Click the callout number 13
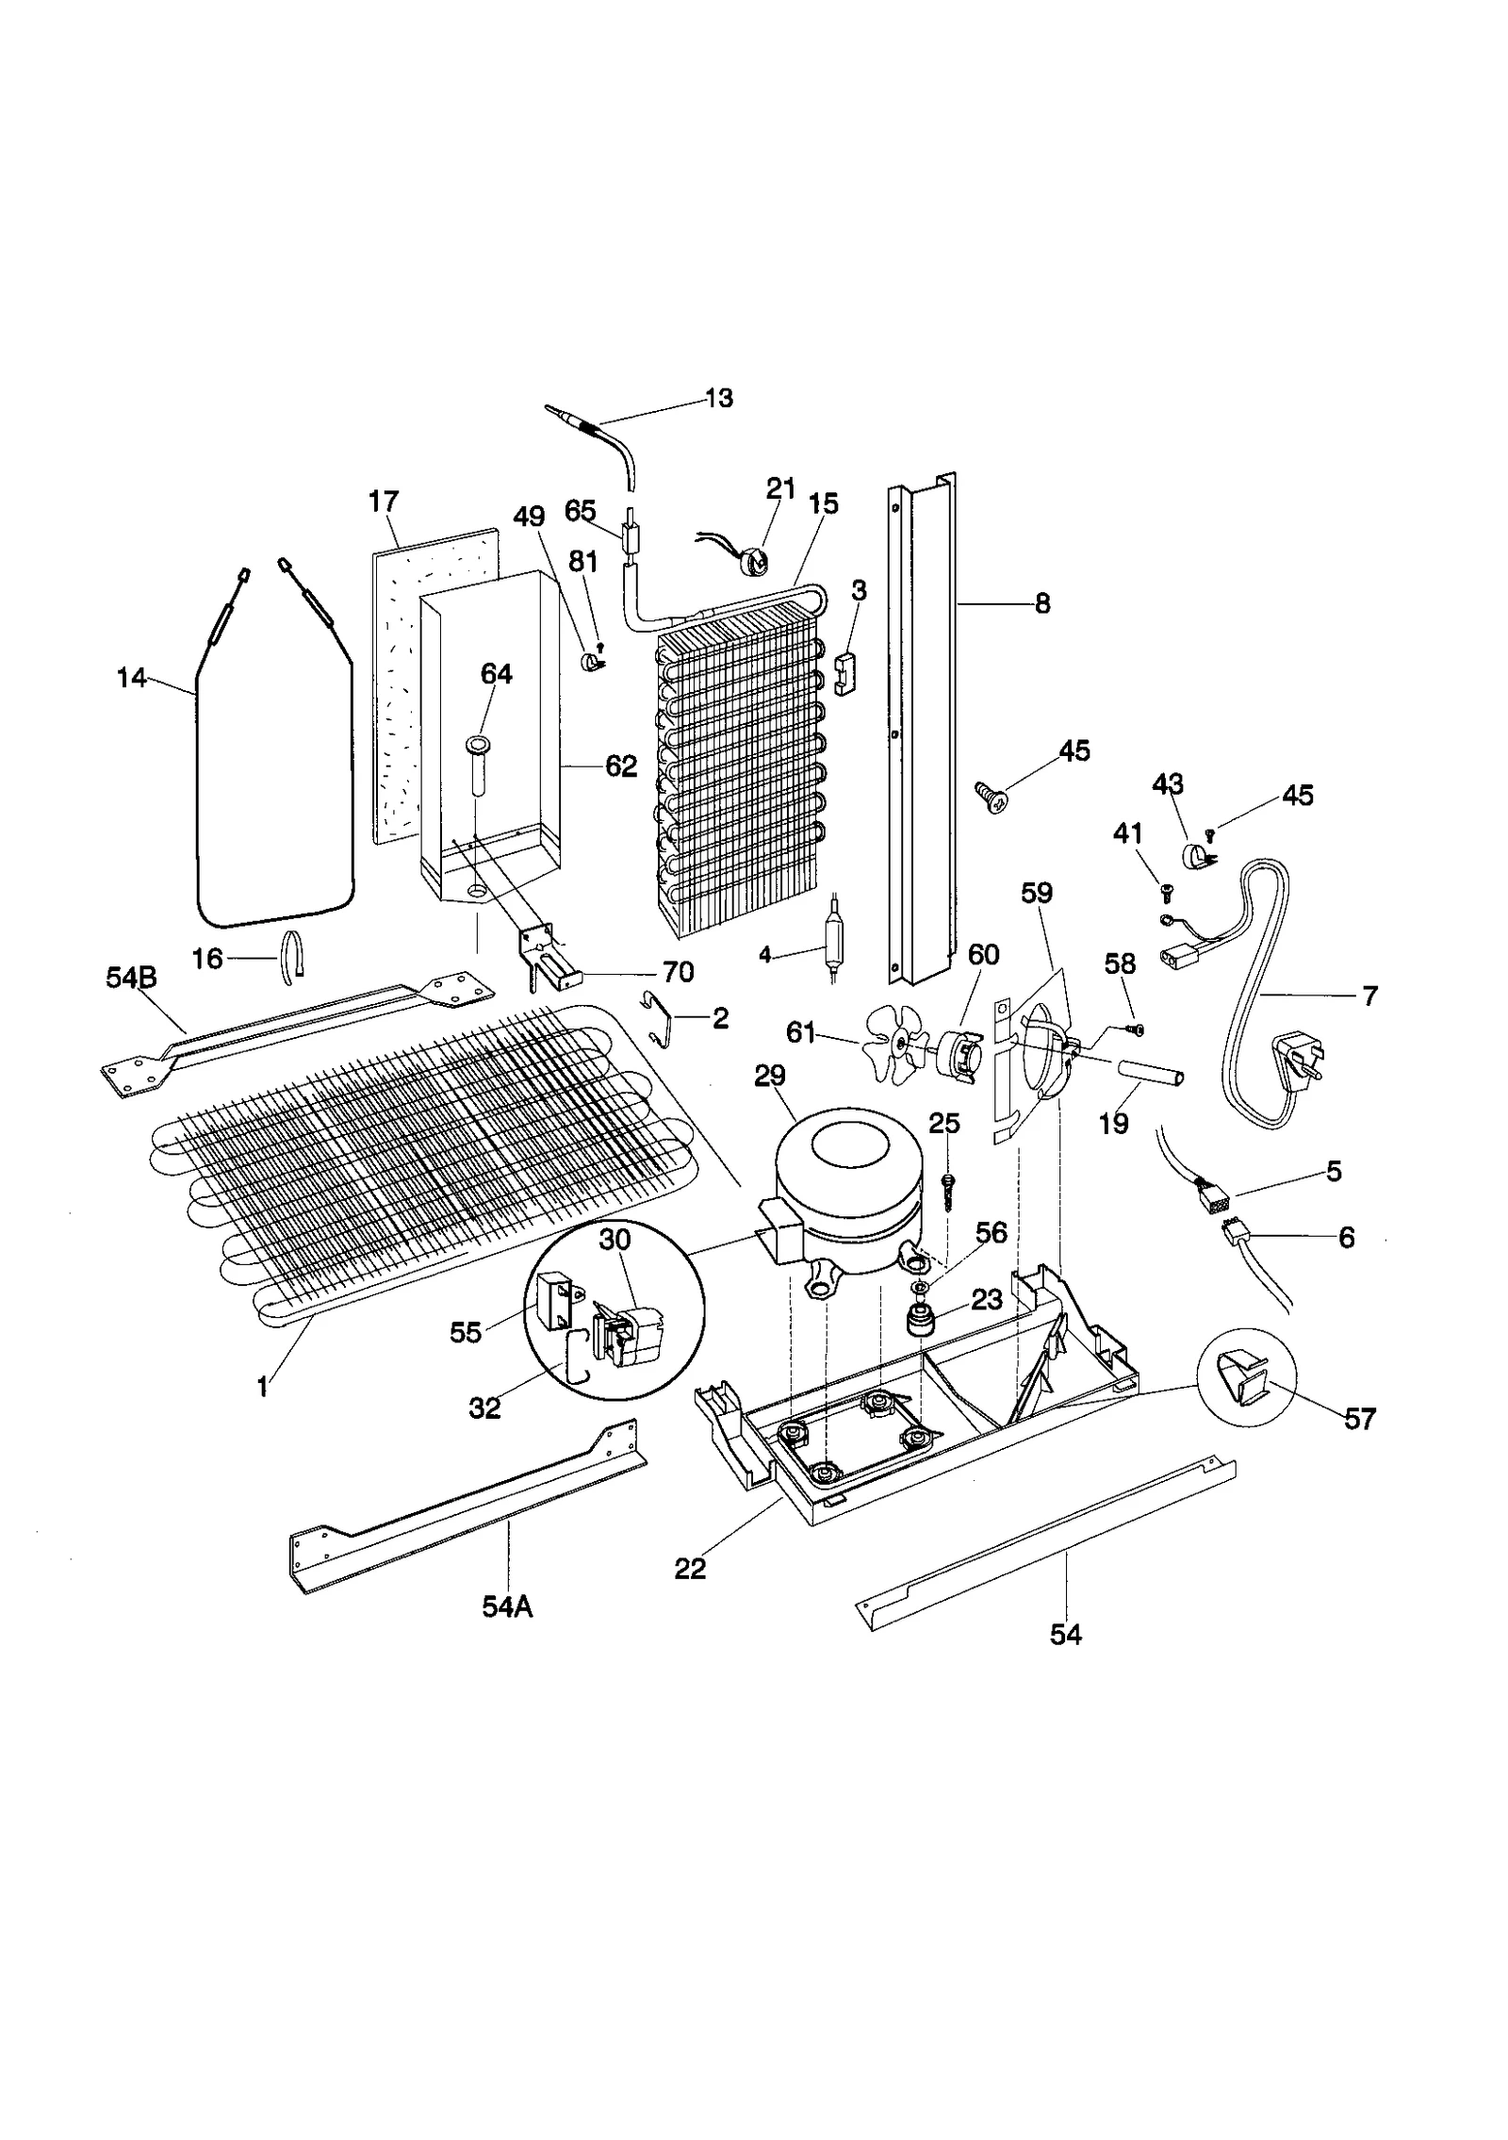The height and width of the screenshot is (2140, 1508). (718, 399)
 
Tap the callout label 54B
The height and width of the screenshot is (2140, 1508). (131, 979)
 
